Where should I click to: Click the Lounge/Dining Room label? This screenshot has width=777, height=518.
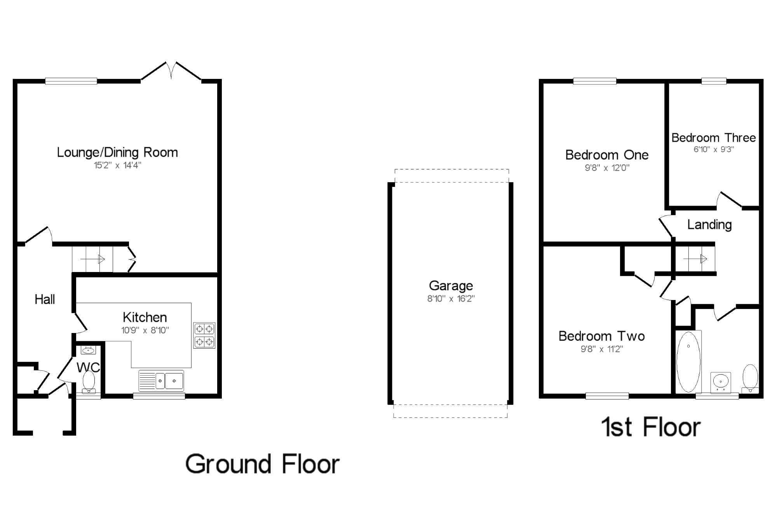pos(117,152)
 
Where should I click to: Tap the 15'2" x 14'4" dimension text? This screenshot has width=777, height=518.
pos(117,165)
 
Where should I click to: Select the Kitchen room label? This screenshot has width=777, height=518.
pos(145,317)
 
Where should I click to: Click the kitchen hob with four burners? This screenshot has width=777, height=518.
pos(204,335)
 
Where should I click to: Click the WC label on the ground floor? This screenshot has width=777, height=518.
pos(88,367)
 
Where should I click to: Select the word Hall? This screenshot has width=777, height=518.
pos(45,299)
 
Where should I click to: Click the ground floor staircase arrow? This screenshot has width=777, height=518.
pos(93,259)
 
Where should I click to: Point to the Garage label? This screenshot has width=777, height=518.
pos(451,286)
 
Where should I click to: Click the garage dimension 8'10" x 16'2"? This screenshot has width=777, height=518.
pos(451,298)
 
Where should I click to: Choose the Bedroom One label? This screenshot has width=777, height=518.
pos(607,155)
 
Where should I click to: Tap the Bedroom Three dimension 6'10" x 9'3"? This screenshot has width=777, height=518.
pos(714,149)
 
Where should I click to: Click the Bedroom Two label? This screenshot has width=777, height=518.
pos(602,336)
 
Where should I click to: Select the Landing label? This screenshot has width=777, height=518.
pos(709,225)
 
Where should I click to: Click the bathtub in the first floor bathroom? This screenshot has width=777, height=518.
pos(689,362)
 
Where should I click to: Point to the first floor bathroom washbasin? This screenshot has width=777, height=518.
pos(721,381)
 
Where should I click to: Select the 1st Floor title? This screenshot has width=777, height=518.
pos(651,427)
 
